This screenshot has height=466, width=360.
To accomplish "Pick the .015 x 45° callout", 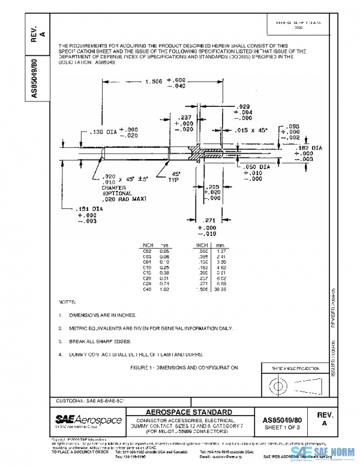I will tap(251, 130).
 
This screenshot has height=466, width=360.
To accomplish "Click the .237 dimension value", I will tap(185, 118).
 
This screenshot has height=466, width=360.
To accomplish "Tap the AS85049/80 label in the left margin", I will tap(35, 78).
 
